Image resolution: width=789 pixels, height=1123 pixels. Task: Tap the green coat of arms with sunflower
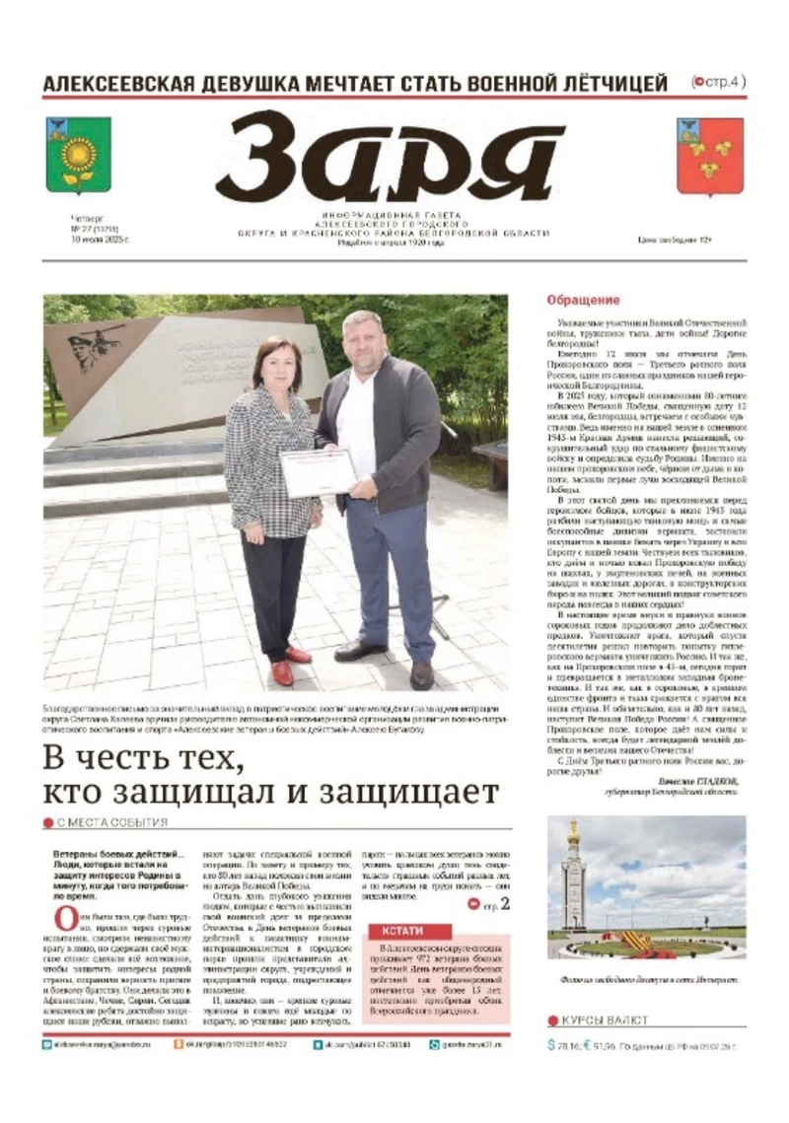point(78,156)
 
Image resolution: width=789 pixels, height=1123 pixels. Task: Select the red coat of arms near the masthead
point(710,156)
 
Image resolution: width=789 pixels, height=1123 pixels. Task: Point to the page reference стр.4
point(723,82)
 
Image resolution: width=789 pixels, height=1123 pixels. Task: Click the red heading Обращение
point(584,300)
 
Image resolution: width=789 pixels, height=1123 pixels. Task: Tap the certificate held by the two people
point(318,471)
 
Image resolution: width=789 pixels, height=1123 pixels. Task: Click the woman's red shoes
point(290,663)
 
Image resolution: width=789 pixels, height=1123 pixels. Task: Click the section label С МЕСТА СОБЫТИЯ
point(111,822)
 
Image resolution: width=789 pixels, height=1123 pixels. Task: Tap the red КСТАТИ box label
point(409,931)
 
